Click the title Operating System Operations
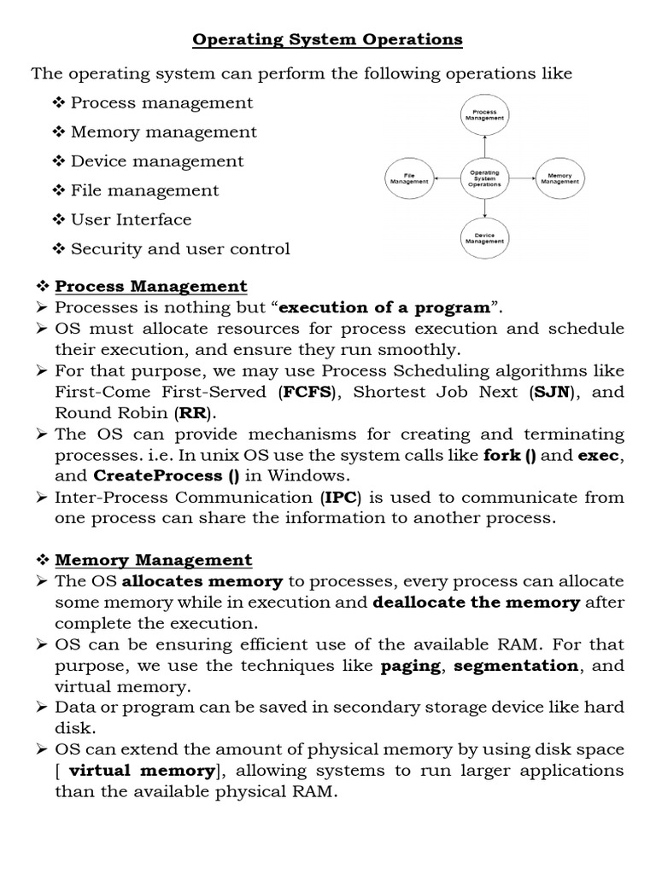pos(327,39)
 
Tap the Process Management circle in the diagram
pos(484,115)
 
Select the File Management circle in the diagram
pos(409,178)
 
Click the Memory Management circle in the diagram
pos(559,178)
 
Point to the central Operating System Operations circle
pos(484,178)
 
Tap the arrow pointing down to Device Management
pos(484,208)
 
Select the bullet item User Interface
pos(131,219)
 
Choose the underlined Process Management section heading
pos(151,287)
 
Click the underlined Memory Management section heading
pos(154,561)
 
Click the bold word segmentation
pos(515,666)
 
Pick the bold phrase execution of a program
pos(384,308)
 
